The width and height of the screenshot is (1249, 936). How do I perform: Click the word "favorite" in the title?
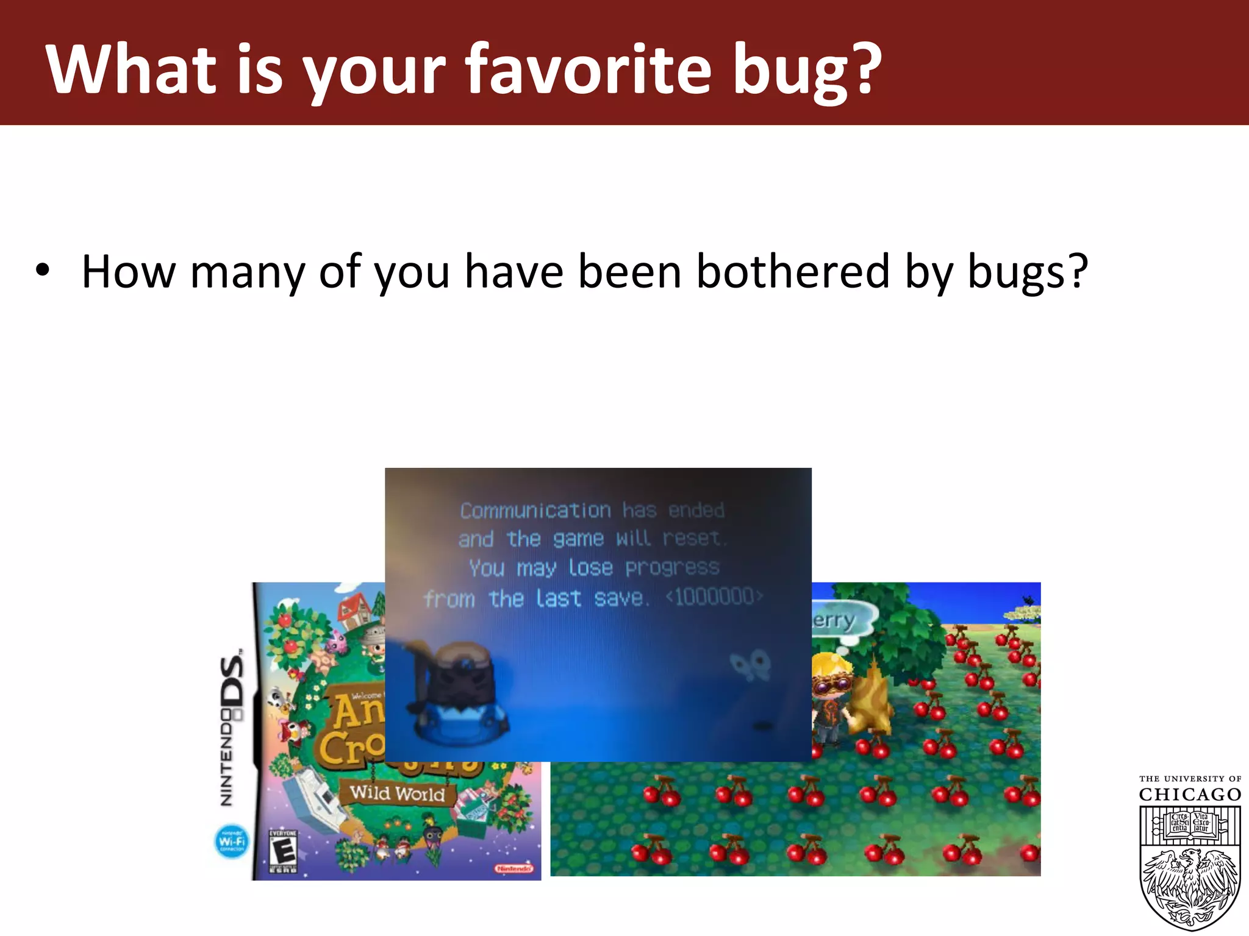(x=588, y=68)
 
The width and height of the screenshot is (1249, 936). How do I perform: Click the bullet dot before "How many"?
(x=41, y=270)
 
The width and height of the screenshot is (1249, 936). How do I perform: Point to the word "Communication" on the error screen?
(x=535, y=511)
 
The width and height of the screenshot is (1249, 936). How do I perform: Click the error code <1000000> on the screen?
(x=714, y=596)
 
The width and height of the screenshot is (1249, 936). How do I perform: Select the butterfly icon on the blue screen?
(x=750, y=665)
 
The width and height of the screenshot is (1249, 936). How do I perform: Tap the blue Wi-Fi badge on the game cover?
(x=232, y=842)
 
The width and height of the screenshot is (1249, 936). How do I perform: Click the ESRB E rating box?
(x=283, y=851)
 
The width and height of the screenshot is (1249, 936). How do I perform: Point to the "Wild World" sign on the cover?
(x=397, y=793)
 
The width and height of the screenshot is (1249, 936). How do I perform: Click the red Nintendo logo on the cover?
(x=514, y=868)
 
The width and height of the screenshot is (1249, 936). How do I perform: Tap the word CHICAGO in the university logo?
(x=1189, y=795)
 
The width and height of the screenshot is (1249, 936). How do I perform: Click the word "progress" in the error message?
(x=672, y=568)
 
